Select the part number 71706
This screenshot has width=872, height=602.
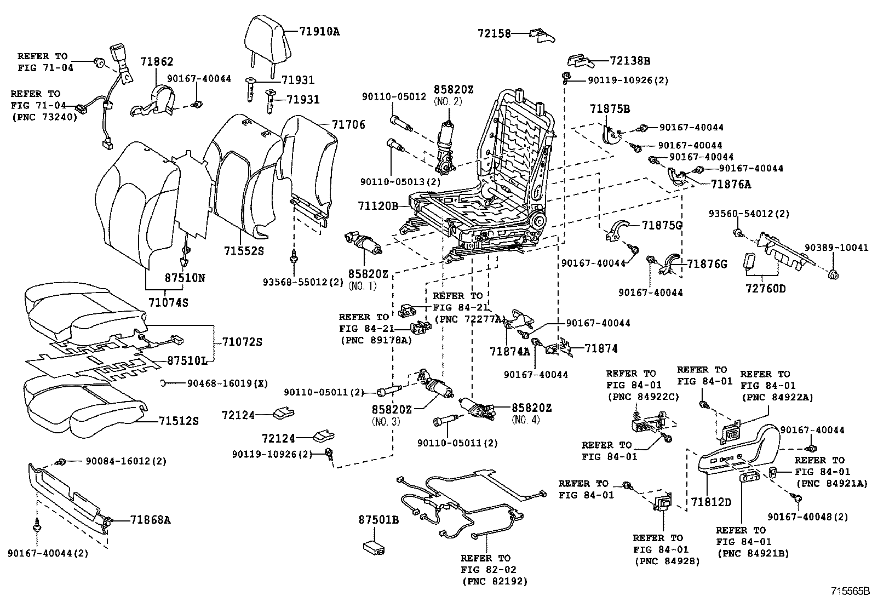[x=347, y=125]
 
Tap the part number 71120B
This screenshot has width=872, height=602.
[x=378, y=206]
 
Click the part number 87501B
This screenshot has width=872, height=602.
[x=378, y=520]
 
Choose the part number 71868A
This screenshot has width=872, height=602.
[x=151, y=520]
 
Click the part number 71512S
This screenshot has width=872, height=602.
[x=179, y=421]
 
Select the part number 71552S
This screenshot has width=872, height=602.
[x=244, y=250]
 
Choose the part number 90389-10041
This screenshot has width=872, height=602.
[x=836, y=248]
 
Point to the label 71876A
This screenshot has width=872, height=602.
[x=731, y=185]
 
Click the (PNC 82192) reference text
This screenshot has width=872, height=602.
[x=494, y=581]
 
